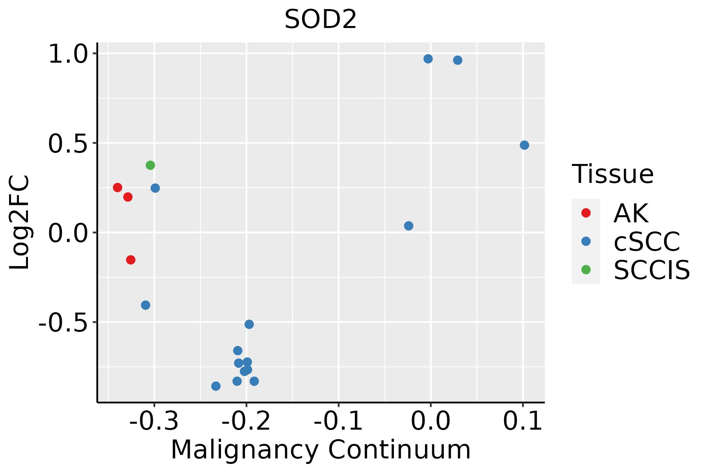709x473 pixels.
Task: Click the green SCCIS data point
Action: coord(150,165)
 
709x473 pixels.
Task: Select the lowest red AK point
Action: coord(131,260)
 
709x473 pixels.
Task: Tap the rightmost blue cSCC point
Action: coord(524,145)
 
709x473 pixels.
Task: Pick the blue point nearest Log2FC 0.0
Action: coord(408,226)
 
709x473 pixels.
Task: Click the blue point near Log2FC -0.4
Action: coord(146,305)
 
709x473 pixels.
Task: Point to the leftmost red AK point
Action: coord(117,187)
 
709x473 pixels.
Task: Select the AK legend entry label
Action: coord(631,213)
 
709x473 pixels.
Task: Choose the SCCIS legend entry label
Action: coord(651,270)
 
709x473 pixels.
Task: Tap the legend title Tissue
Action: coord(612,174)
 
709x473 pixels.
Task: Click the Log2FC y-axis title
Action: coord(20,223)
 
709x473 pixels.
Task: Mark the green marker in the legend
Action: coord(586,270)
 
